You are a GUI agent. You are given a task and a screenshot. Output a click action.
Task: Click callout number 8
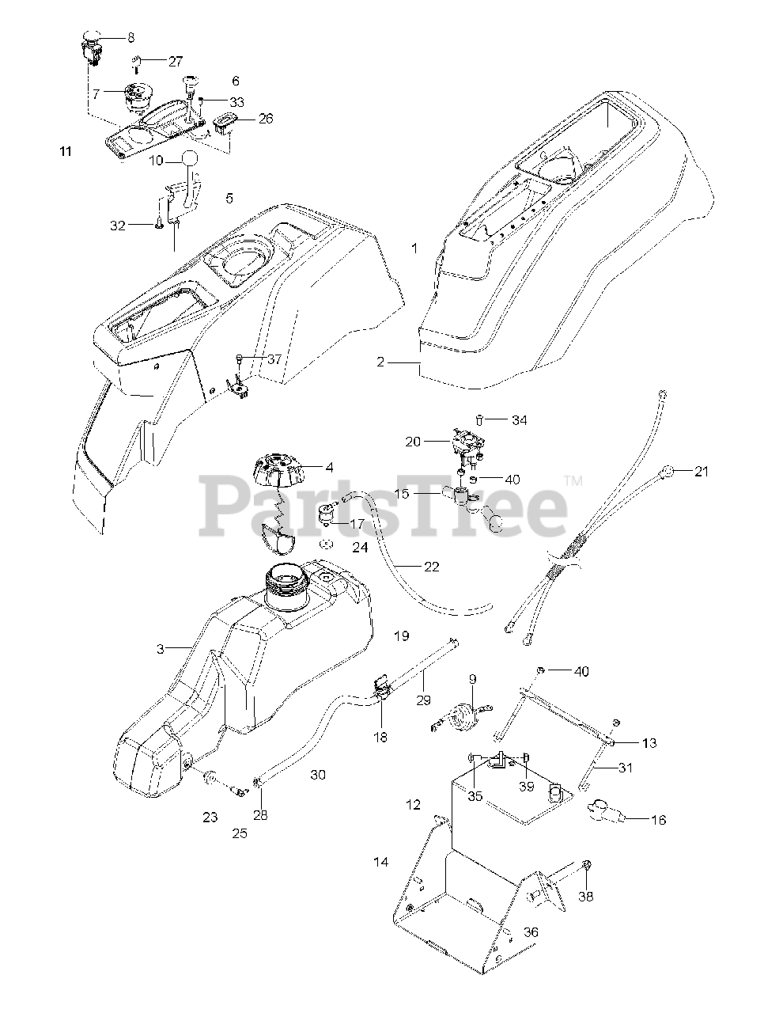pyautogui.click(x=130, y=37)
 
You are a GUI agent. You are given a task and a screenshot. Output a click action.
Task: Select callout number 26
pyautogui.click(x=266, y=119)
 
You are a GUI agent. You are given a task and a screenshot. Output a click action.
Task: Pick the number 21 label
pyautogui.click(x=702, y=472)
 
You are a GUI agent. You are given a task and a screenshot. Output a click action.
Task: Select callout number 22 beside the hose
pyautogui.click(x=431, y=567)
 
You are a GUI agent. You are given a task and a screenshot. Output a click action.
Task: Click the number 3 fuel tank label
pyautogui.click(x=161, y=649)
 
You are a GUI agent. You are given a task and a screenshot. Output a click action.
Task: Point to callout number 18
pyautogui.click(x=381, y=737)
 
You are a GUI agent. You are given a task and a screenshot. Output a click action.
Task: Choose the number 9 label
pyautogui.click(x=472, y=678)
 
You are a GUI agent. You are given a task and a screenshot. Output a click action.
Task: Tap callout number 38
pyautogui.click(x=585, y=897)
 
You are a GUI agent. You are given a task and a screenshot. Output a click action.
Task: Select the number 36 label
pyautogui.click(x=531, y=932)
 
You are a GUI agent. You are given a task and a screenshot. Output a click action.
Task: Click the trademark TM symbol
pyautogui.click(x=574, y=480)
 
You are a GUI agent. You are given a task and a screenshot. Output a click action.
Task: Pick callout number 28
pyautogui.click(x=259, y=814)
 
